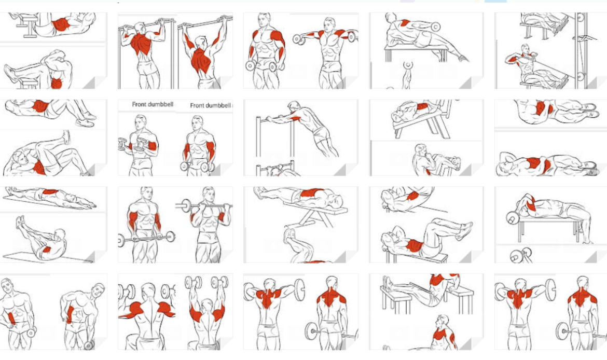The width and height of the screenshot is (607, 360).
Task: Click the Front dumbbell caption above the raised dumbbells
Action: click(x=153, y=104)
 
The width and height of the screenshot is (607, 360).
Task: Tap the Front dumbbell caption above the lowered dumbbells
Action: click(x=210, y=105)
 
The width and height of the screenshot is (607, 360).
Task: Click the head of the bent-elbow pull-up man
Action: click(x=140, y=28)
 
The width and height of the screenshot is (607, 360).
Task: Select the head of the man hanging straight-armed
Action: click(x=200, y=42)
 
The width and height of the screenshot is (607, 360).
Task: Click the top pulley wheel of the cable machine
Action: click(x=580, y=18)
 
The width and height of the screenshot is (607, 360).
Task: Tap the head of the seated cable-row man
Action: click(x=525, y=49)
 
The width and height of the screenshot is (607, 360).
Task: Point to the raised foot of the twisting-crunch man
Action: click(x=66, y=136)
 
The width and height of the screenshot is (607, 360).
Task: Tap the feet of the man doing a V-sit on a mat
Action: click(x=20, y=222)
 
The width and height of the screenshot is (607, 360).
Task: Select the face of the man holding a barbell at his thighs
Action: click(x=146, y=193)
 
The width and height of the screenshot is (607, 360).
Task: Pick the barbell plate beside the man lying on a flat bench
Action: click(x=513, y=219)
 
